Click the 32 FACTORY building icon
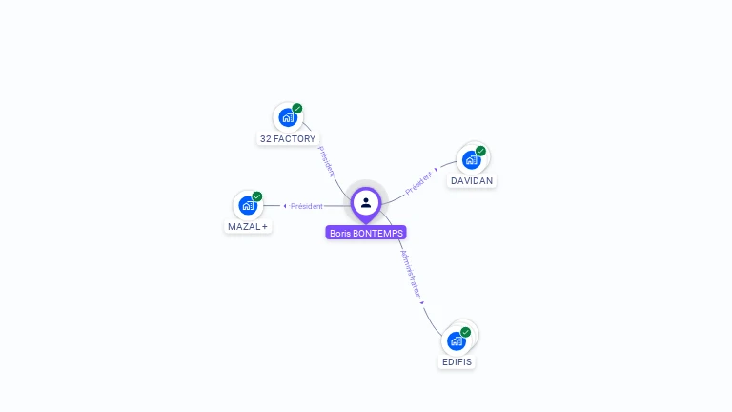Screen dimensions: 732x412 [287, 118]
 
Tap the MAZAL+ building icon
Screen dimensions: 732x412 [248, 206]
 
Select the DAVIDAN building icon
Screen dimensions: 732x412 [471, 160]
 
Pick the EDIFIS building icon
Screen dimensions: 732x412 [457, 341]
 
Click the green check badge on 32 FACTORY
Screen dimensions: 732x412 [297, 109]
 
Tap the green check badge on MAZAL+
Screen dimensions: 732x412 [257, 196]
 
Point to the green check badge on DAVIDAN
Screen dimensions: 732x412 [480, 151]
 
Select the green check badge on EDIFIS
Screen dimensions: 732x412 [466, 332]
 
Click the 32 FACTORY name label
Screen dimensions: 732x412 [288, 139]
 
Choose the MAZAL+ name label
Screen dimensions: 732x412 [248, 227]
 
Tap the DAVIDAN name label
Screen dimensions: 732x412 [473, 181]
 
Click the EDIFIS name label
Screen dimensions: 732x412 [457, 362]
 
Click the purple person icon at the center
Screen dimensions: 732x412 [366, 203]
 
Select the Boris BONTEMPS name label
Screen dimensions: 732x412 [366, 233]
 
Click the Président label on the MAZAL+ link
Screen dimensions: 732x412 [307, 206]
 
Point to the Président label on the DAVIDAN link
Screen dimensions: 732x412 [418, 183]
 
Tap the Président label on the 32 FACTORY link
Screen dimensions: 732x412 [327, 160]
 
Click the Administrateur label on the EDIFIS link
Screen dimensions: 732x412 [410, 275]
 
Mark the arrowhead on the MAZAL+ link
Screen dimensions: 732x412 [285, 206]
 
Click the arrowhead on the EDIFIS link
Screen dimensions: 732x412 [422, 303]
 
